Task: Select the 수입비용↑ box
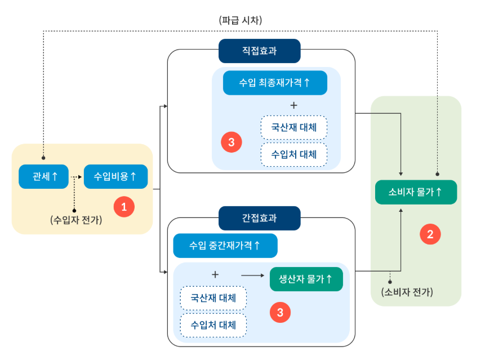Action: (115, 176)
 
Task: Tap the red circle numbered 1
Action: (124, 207)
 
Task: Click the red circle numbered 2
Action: (430, 234)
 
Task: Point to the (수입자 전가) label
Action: (76, 220)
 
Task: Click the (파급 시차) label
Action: (241, 20)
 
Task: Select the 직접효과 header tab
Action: (259, 51)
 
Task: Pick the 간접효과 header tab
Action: (259, 218)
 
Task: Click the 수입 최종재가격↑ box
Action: (275, 83)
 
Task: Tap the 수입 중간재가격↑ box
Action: (225, 246)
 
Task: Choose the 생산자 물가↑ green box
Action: (306, 279)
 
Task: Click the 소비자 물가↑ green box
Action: (416, 192)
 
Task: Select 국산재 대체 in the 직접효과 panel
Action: (293, 127)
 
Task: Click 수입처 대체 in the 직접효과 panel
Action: (293, 154)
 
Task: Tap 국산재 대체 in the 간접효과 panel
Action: (213, 297)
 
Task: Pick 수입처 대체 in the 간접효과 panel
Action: (213, 325)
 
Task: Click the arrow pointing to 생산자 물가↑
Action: (252, 275)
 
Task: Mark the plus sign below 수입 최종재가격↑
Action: (293, 105)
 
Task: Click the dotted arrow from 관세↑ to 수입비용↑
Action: (77, 176)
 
